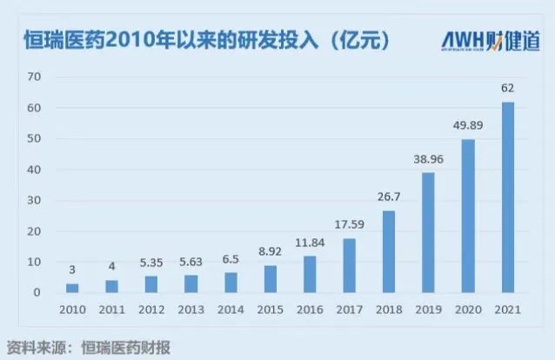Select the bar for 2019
click(x=428, y=233)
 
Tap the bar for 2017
click(x=349, y=266)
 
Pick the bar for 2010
click(x=72, y=288)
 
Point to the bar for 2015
click(x=270, y=279)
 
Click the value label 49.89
click(x=468, y=124)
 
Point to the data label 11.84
click(x=310, y=242)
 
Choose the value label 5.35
click(x=151, y=262)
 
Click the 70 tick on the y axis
click(x=35, y=77)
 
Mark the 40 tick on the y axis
click(x=35, y=170)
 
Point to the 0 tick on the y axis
click(x=38, y=292)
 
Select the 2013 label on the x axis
click(x=191, y=309)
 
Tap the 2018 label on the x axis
click(x=389, y=309)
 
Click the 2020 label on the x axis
click(x=468, y=309)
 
